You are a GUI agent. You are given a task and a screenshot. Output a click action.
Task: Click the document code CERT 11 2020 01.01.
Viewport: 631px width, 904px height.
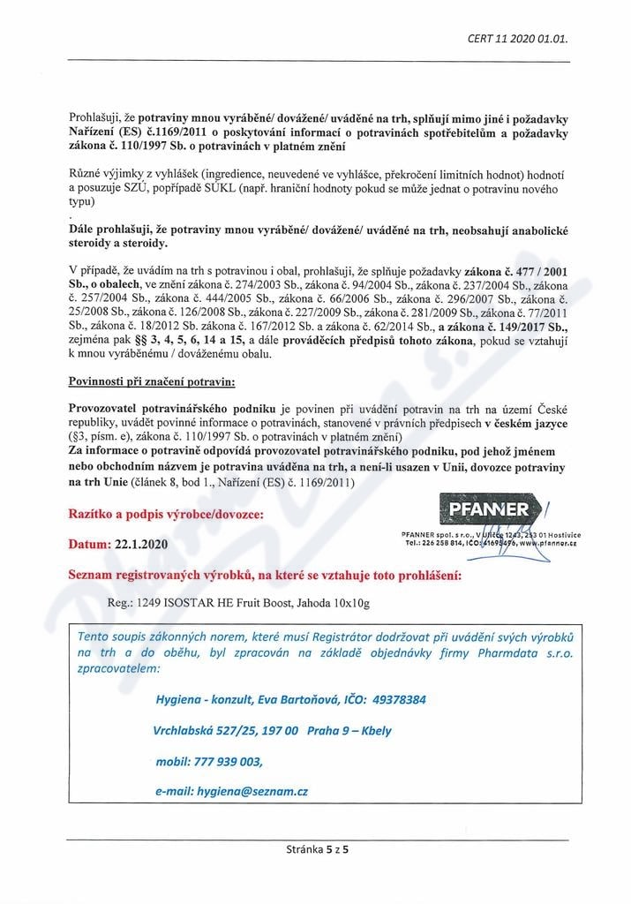516,39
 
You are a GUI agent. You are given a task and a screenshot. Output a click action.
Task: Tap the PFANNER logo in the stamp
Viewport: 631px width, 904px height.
489,509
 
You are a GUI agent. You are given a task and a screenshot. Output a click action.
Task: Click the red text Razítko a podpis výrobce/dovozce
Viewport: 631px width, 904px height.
165,513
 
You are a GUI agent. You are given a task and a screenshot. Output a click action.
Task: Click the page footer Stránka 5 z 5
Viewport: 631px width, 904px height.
319,849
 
